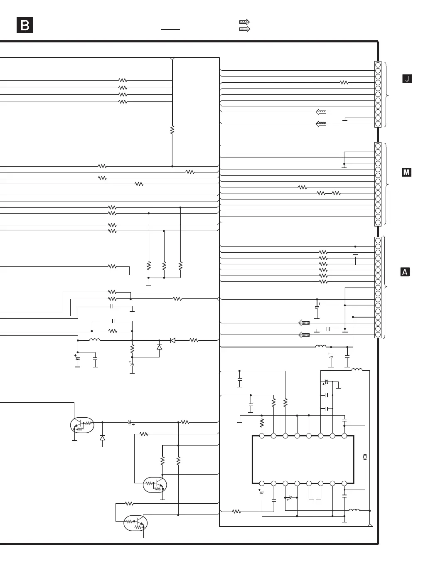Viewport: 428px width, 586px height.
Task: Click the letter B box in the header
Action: point(25,25)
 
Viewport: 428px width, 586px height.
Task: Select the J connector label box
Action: point(407,79)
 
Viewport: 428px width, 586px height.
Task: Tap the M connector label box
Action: point(407,172)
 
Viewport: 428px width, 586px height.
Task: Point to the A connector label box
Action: point(405,272)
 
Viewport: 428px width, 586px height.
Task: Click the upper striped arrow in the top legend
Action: point(245,22)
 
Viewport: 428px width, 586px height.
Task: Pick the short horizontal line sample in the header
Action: point(170,30)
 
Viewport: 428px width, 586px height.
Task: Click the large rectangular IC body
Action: point(303,460)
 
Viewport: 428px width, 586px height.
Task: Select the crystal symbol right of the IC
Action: point(365,457)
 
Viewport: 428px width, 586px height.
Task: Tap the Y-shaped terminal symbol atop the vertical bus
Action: point(172,59)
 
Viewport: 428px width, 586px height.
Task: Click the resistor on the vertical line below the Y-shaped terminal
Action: point(172,130)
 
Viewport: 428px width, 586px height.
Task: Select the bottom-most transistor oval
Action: point(135,523)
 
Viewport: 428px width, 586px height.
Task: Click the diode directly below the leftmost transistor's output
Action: point(102,438)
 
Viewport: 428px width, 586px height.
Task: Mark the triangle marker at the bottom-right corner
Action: point(370,525)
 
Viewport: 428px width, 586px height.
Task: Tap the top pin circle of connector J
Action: point(378,65)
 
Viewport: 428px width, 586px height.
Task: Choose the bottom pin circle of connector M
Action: point(378,223)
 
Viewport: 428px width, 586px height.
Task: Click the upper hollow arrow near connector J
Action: point(321,112)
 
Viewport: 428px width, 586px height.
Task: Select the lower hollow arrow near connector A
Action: point(304,335)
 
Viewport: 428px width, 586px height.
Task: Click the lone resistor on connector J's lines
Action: point(344,83)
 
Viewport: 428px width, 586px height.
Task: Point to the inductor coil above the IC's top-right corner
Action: point(357,369)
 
